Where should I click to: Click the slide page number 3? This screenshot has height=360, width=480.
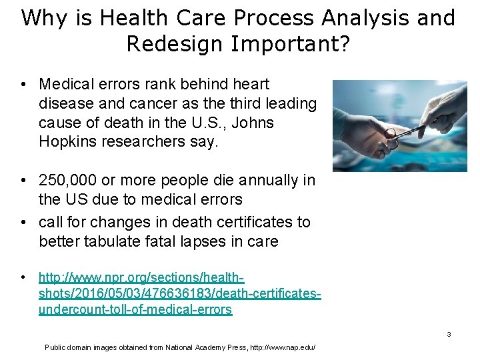pyautogui.click(x=449, y=334)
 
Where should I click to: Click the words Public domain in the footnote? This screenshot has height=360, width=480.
pyautogui.click(x=69, y=347)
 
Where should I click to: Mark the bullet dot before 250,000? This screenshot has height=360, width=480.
pyautogui.click(x=23, y=180)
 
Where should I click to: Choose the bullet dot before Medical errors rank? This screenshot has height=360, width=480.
pyautogui.click(x=23, y=84)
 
